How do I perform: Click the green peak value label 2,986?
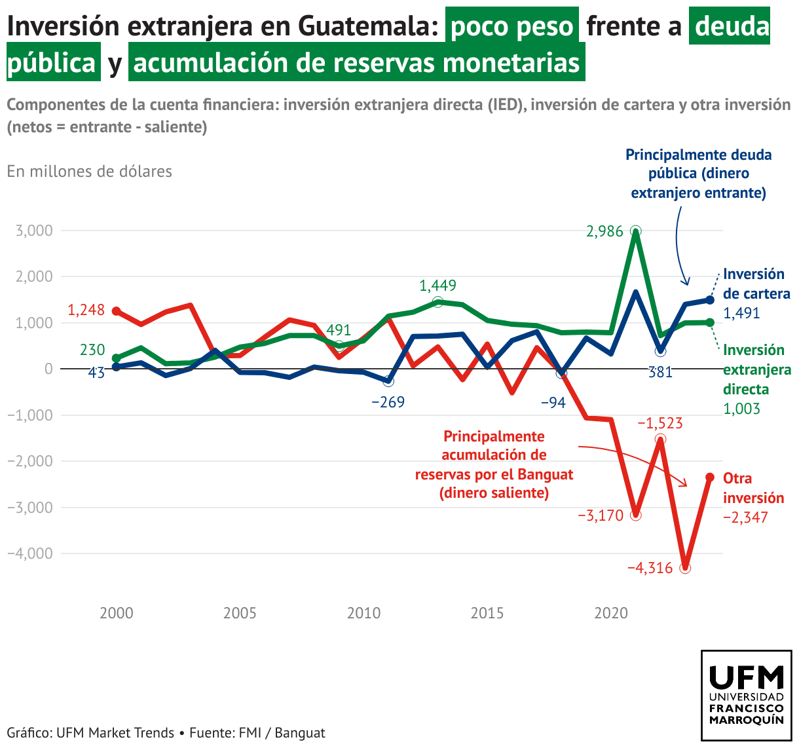click(x=604, y=231)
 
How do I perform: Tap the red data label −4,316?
click(x=650, y=568)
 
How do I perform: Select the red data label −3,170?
click(x=600, y=515)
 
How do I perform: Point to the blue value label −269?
click(x=388, y=402)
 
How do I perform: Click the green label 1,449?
click(x=437, y=286)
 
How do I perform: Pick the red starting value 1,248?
click(x=86, y=310)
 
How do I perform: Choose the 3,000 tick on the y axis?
click(x=30, y=231)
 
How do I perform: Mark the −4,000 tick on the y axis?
click(x=30, y=553)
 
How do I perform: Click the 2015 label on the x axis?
click(x=487, y=614)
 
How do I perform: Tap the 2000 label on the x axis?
click(x=117, y=614)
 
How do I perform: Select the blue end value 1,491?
click(x=741, y=313)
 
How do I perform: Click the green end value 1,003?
click(x=741, y=409)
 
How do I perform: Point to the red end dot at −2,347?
click(x=710, y=477)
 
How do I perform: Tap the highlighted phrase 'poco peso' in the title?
click(x=511, y=26)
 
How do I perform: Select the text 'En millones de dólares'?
click(x=90, y=172)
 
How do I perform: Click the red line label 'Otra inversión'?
click(x=753, y=488)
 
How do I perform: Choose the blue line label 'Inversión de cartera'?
click(x=756, y=284)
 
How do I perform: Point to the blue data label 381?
click(x=660, y=373)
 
